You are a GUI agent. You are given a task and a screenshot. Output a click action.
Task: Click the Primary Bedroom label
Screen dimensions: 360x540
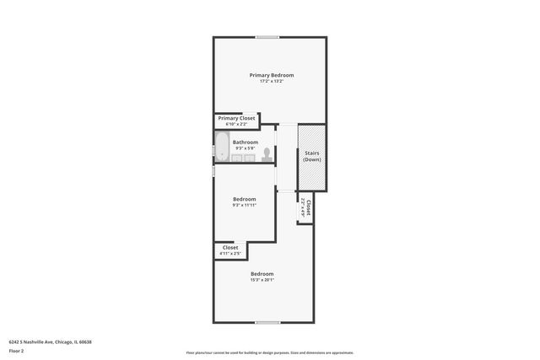(271, 75)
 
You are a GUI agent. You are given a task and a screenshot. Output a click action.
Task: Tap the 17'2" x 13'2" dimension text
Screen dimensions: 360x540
(271, 81)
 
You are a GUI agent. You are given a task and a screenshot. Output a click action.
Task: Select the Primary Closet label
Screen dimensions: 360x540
(236, 118)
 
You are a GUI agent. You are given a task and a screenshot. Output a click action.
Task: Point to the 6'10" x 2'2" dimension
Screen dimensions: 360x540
(236, 124)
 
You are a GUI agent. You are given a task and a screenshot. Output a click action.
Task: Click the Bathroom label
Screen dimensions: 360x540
(246, 142)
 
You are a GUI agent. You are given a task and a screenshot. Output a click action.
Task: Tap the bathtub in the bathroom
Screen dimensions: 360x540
(222, 147)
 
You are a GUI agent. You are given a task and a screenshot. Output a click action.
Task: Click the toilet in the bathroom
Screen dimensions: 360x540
(267, 153)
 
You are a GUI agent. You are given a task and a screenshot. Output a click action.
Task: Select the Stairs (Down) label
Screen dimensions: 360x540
(311, 156)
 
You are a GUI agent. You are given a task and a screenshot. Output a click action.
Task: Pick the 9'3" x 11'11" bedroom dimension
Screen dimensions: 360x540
(244, 205)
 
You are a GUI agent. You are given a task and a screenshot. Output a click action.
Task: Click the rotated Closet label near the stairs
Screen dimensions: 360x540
(310, 207)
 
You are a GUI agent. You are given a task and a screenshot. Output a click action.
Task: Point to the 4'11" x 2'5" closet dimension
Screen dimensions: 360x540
(229, 253)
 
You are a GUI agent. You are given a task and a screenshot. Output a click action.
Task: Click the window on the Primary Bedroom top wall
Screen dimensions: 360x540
(268, 36)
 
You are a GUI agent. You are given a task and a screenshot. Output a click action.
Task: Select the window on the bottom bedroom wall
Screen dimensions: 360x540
(267, 322)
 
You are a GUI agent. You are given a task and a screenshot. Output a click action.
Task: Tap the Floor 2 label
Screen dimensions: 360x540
(17, 350)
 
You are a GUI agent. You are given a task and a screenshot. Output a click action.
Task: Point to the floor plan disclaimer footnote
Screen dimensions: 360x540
(269, 352)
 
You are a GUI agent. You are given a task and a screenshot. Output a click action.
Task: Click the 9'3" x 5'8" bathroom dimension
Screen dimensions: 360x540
(246, 148)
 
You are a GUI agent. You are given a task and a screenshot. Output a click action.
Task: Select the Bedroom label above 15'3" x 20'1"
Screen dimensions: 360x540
(262, 273)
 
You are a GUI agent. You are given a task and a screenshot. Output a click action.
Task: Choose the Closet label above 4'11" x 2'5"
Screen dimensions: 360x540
(229, 247)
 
